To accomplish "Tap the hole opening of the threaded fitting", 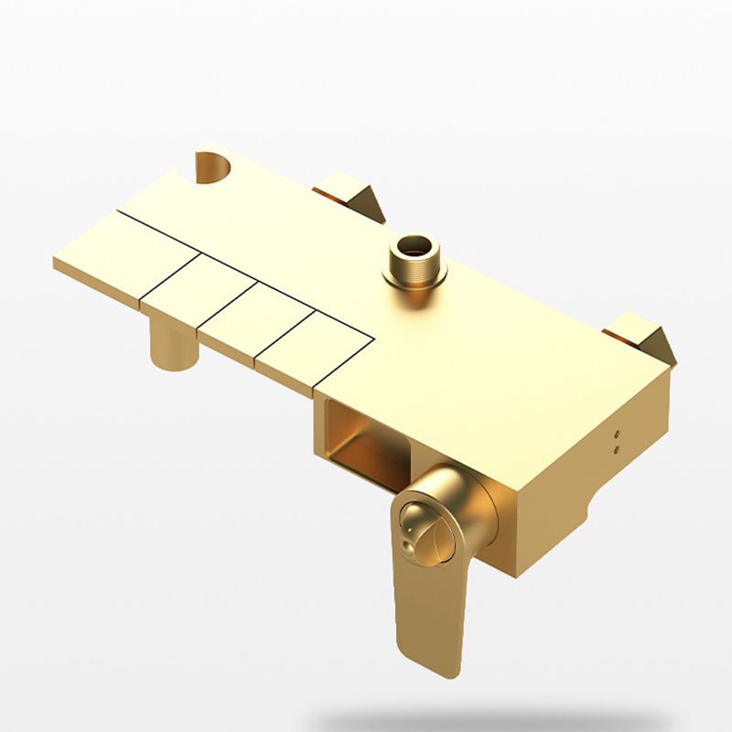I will click(414, 245).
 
